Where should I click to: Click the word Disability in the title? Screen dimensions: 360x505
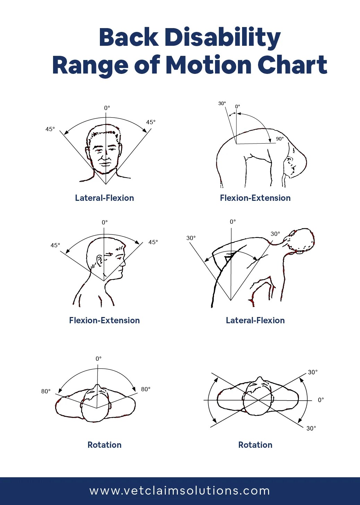[223, 37]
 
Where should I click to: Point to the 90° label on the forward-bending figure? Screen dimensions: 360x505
[280, 139]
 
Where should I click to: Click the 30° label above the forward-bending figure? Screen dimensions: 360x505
[222, 103]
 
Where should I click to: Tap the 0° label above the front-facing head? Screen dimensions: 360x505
[107, 108]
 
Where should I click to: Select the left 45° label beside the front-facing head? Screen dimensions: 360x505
[50, 129]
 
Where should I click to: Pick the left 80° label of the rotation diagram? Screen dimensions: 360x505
[46, 391]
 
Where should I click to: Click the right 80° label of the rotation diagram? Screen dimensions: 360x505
[146, 389]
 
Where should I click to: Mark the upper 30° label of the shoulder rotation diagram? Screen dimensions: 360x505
[313, 372]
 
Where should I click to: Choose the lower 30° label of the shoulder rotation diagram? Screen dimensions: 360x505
[311, 428]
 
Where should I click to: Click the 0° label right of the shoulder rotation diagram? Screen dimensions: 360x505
[321, 400]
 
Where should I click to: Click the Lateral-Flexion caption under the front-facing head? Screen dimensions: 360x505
[104, 198]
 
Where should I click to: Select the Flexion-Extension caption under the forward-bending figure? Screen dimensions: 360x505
[255, 198]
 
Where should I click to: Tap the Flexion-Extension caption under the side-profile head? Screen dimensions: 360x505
[104, 320]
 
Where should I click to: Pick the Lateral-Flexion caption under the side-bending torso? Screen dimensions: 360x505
[255, 320]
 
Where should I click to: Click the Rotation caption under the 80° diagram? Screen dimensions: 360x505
[104, 445]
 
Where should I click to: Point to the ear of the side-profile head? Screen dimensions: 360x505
[100, 261]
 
